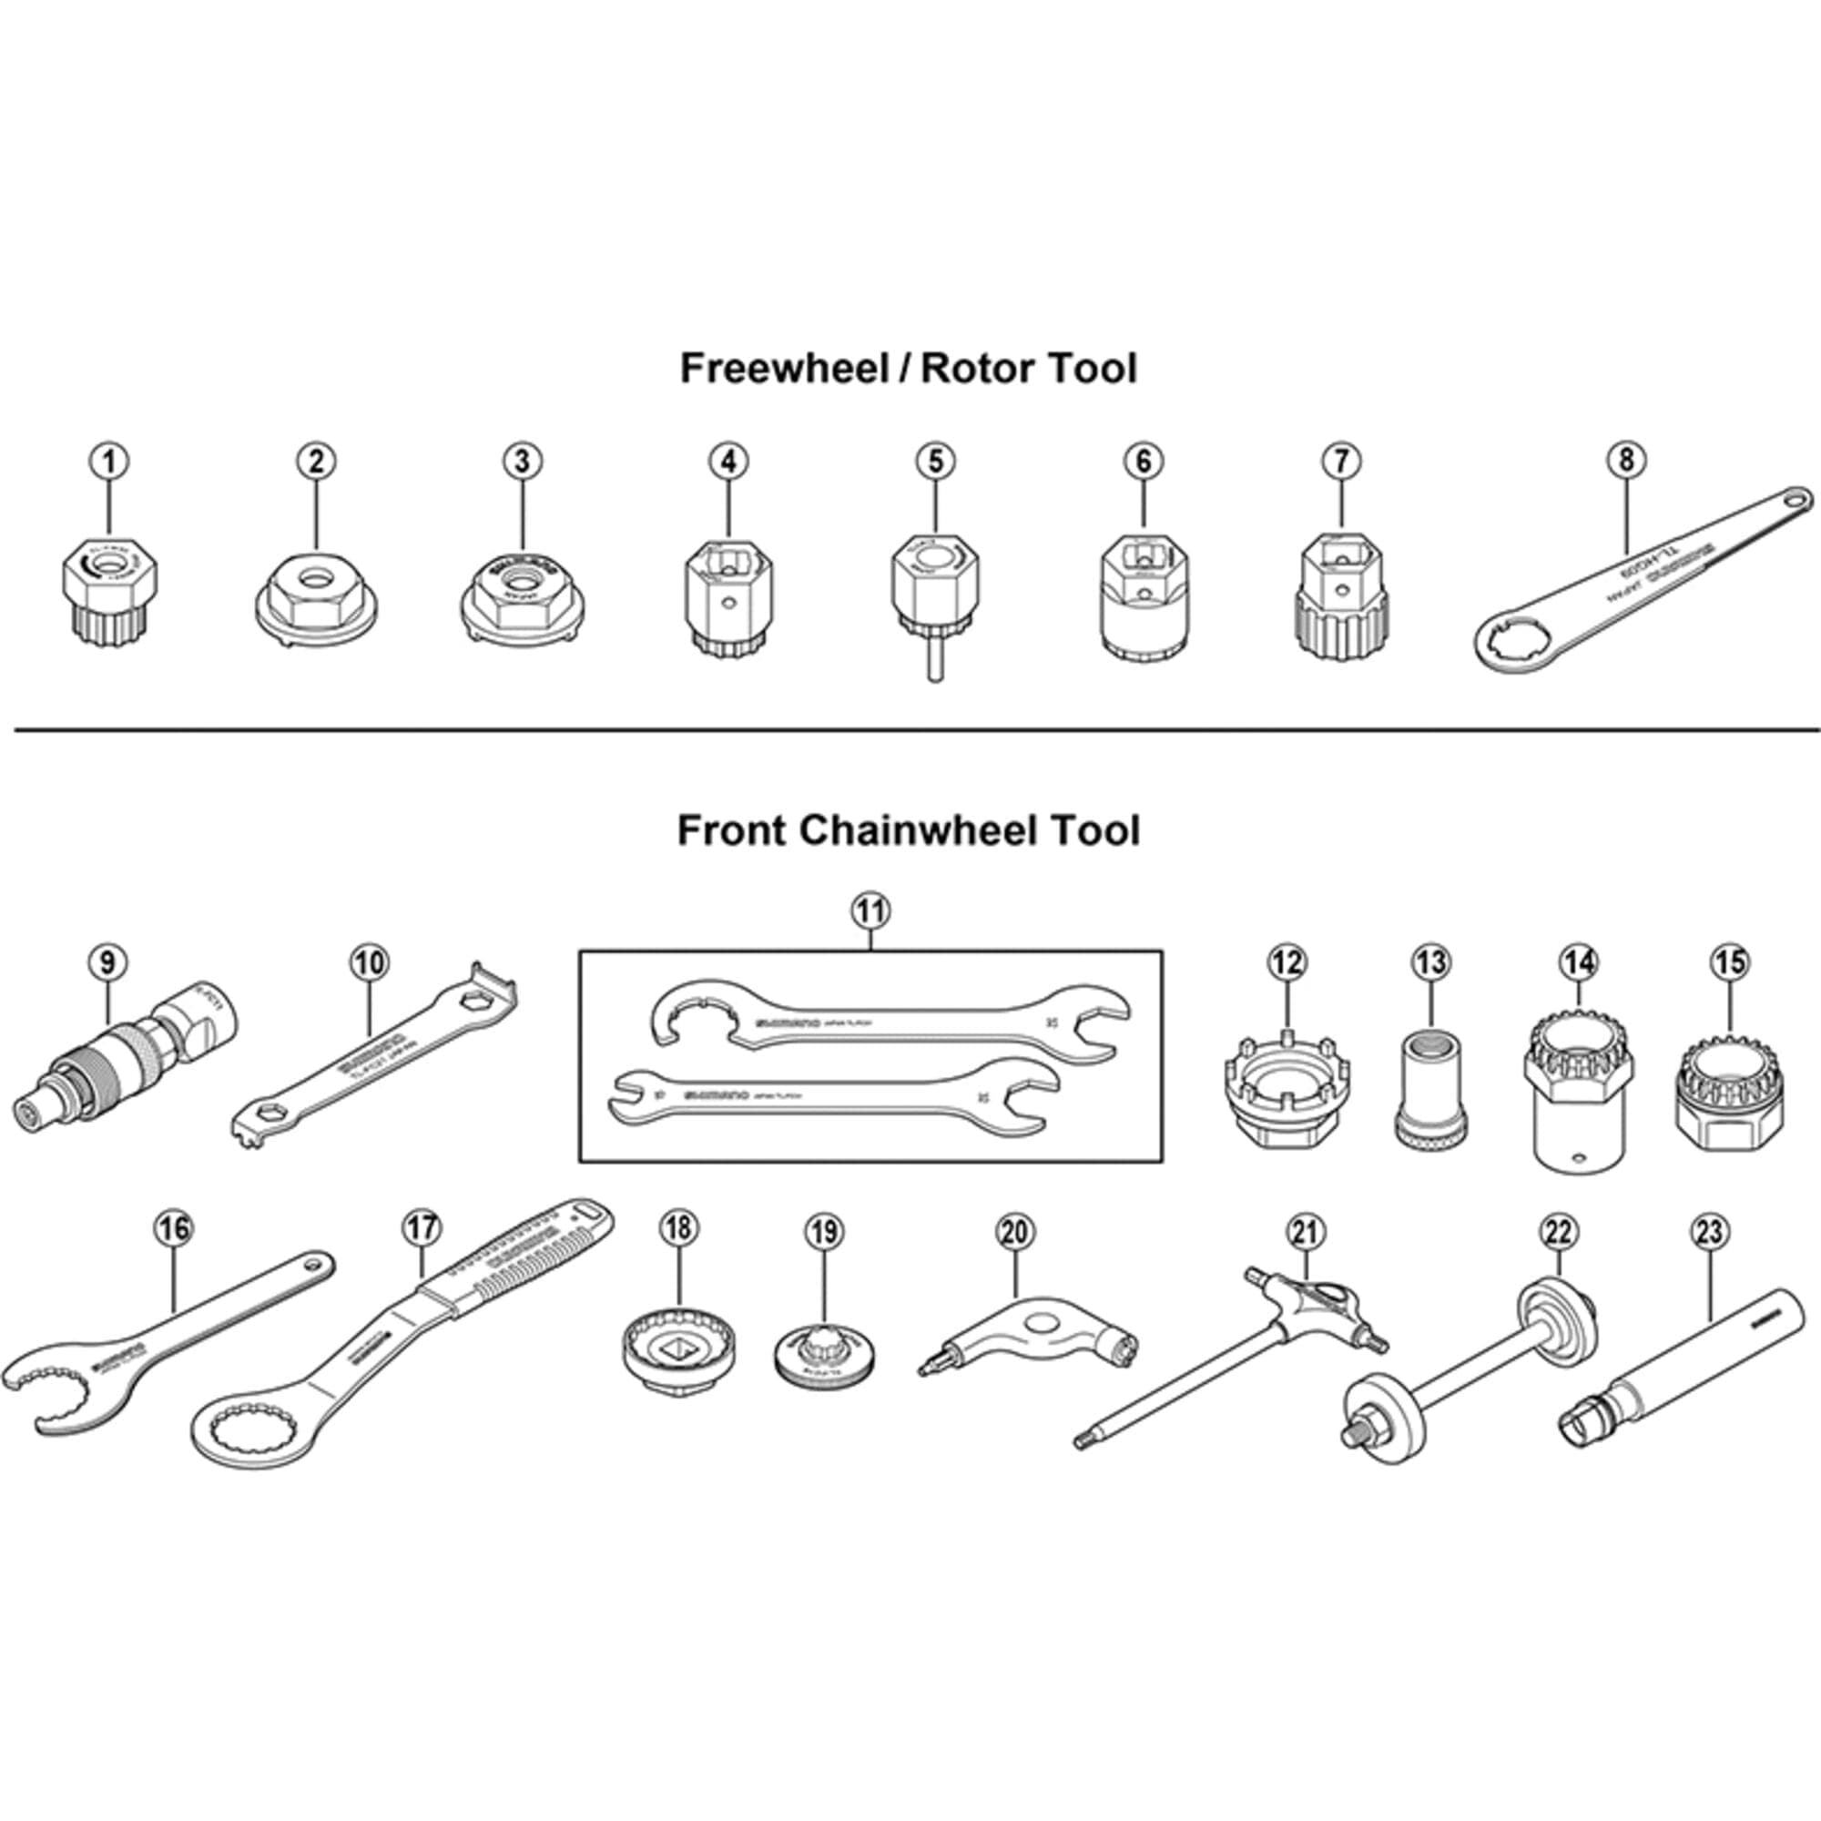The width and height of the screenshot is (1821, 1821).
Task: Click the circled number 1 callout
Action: coord(109,461)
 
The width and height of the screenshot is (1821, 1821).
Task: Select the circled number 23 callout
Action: coord(1709,1231)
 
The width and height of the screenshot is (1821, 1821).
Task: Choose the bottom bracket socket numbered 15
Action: coord(1731,1094)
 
